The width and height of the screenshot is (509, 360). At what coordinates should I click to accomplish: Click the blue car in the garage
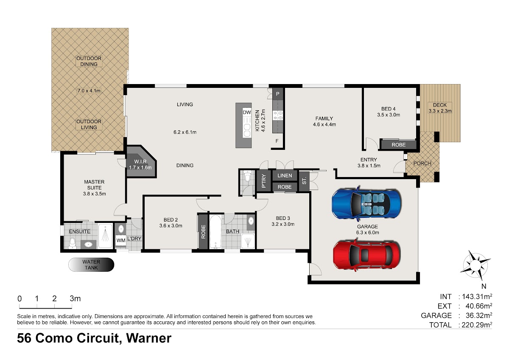coord(366,203)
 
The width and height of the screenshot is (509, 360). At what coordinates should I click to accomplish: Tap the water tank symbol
coord(91,264)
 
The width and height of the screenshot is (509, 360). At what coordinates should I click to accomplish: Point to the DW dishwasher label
coord(247,112)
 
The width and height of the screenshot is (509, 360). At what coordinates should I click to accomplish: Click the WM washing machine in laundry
coord(120,240)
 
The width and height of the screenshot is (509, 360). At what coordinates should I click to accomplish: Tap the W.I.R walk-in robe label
coord(140,164)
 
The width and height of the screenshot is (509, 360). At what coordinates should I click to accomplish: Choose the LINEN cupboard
coord(285,175)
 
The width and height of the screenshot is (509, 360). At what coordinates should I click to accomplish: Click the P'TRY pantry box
coord(263,181)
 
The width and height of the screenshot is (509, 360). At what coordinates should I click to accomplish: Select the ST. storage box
coord(304,181)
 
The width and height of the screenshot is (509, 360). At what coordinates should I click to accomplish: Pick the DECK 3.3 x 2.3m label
coord(440,108)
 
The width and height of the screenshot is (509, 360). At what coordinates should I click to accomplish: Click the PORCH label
coord(422,163)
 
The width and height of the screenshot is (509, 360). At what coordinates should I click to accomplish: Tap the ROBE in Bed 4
coord(399,145)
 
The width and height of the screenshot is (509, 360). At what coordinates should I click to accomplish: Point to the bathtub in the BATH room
coord(215,231)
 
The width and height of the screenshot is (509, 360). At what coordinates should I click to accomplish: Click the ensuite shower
coord(105,236)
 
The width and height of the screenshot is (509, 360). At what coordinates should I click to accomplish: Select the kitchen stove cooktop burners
coord(278,115)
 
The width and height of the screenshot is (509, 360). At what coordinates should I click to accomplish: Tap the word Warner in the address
coord(148,338)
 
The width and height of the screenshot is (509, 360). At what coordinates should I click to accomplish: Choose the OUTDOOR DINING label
coord(89,61)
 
